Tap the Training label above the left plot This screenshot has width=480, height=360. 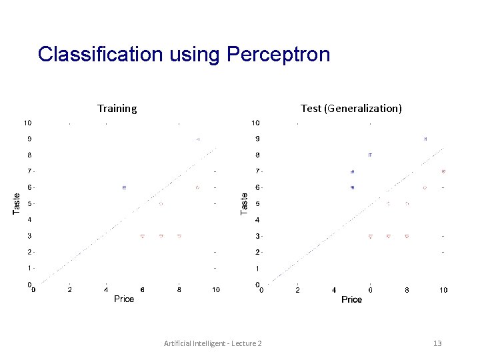pyautogui.click(x=117, y=108)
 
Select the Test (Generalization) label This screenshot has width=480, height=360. pyautogui.click(x=351, y=108)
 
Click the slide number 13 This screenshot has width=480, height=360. pyautogui.click(x=437, y=343)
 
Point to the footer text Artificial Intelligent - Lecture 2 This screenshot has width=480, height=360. pyautogui.click(x=213, y=343)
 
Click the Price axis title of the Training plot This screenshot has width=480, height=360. pyautogui.click(x=124, y=299)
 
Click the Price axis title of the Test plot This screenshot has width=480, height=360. pyautogui.click(x=351, y=300)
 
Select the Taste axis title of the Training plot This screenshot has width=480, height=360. pyautogui.click(x=17, y=203)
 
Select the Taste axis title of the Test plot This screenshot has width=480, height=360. pyautogui.click(x=245, y=203)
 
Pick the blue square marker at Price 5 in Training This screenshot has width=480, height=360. pyautogui.click(x=125, y=188)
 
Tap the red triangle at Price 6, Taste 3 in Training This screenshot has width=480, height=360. pyautogui.click(x=143, y=236)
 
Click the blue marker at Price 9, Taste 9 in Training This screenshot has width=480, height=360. pyautogui.click(x=197, y=139)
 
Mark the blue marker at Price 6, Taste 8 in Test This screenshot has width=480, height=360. pyautogui.click(x=370, y=155)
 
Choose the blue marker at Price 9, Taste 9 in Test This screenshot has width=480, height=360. pyautogui.click(x=425, y=139)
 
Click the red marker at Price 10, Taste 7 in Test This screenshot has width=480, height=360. pyautogui.click(x=443, y=171)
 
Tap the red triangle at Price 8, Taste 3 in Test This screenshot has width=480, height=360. pyautogui.click(x=407, y=236)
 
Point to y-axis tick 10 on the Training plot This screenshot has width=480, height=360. pyautogui.click(x=29, y=123)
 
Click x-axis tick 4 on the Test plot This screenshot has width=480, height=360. pyautogui.click(x=334, y=290)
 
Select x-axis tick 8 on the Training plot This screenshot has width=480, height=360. pyautogui.click(x=179, y=290)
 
